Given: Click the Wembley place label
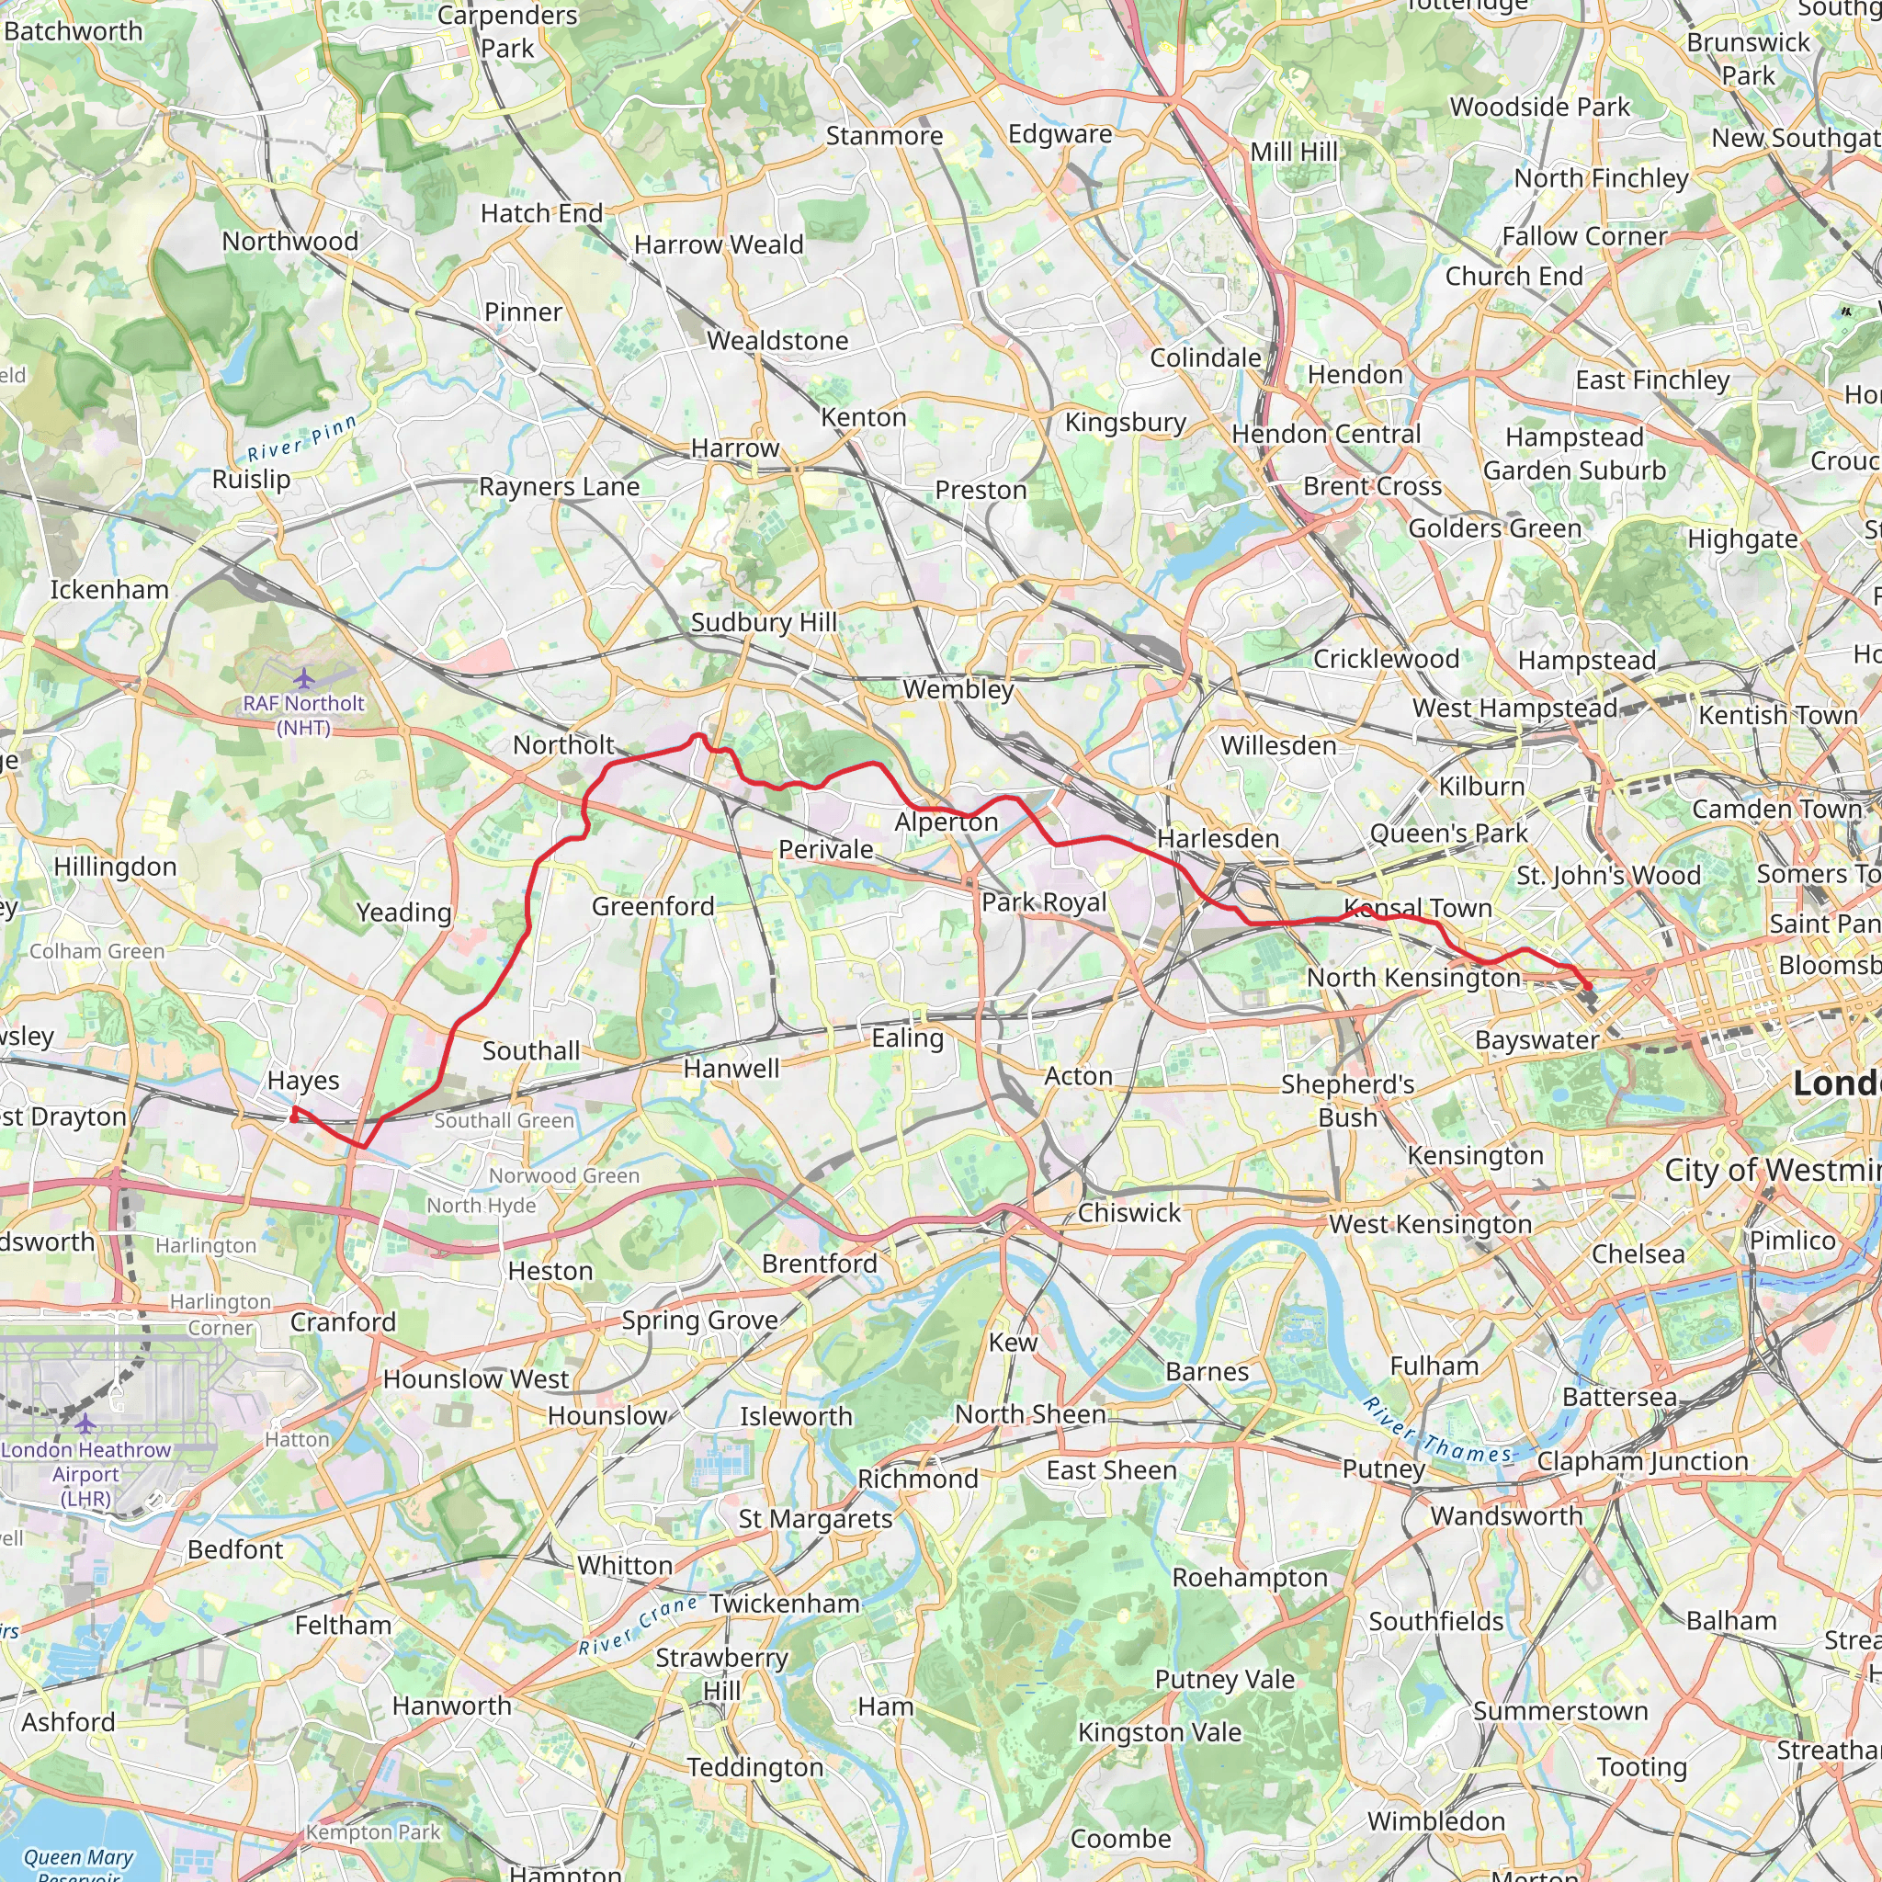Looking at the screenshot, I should (958, 690).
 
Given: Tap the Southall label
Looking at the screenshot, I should (531, 1051).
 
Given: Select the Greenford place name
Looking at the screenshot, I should (652, 907).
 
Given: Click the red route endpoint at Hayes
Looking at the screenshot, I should (294, 1117).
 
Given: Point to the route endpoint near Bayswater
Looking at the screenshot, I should (1588, 987).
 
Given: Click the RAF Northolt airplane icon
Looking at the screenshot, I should (304, 678).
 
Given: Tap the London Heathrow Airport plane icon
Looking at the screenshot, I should (85, 1424).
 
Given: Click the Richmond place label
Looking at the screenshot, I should (918, 1479).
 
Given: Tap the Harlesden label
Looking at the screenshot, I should (1218, 839).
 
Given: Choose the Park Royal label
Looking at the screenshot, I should (1043, 902).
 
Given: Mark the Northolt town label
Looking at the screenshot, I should (563, 745).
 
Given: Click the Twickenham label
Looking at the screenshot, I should (784, 1604).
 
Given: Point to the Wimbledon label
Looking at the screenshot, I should (1436, 1820).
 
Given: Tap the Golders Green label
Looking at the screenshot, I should (1494, 529).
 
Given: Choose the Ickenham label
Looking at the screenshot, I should (109, 590).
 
